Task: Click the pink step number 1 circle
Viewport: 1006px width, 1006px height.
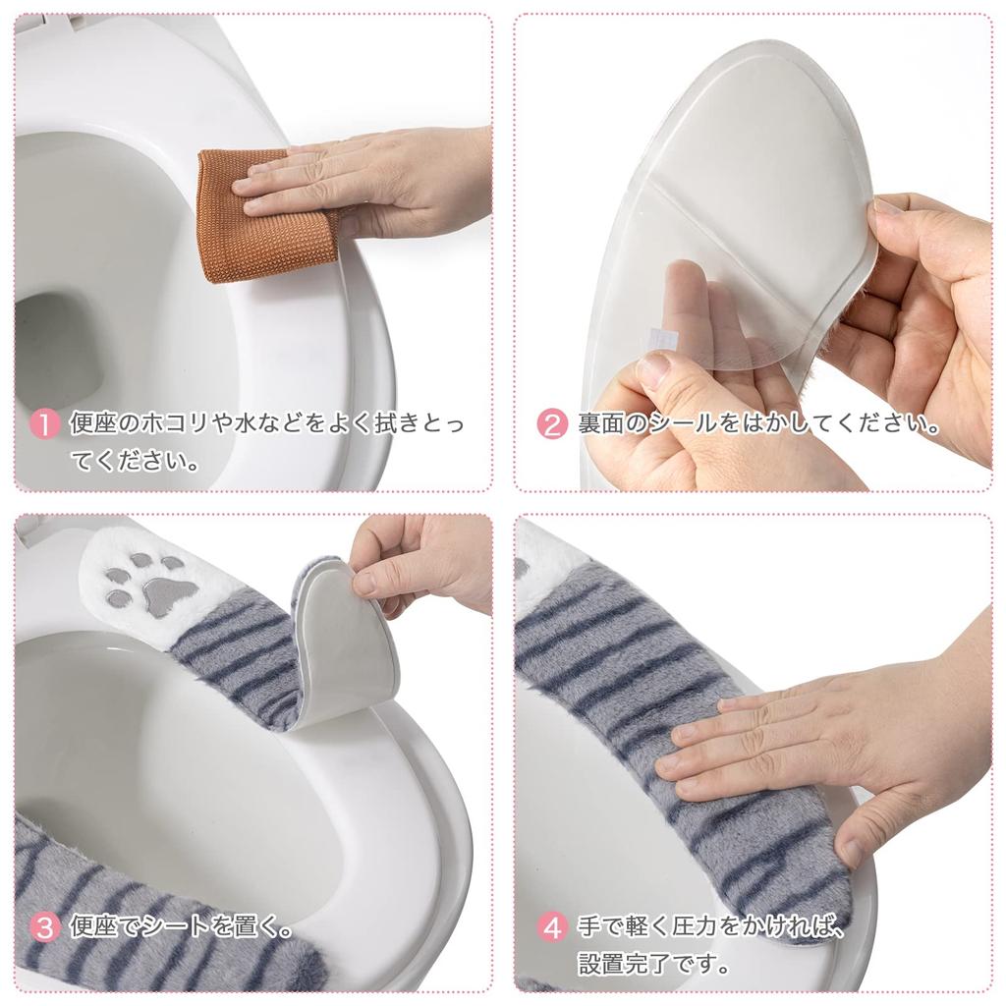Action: pyautogui.click(x=45, y=425)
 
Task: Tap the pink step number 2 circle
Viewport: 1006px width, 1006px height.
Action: pyautogui.click(x=553, y=425)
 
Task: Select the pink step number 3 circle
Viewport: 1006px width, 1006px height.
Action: pyautogui.click(x=45, y=926)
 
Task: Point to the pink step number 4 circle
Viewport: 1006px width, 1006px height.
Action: pyautogui.click(x=553, y=926)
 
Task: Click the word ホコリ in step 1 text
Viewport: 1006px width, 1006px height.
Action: pyautogui.click(x=176, y=425)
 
